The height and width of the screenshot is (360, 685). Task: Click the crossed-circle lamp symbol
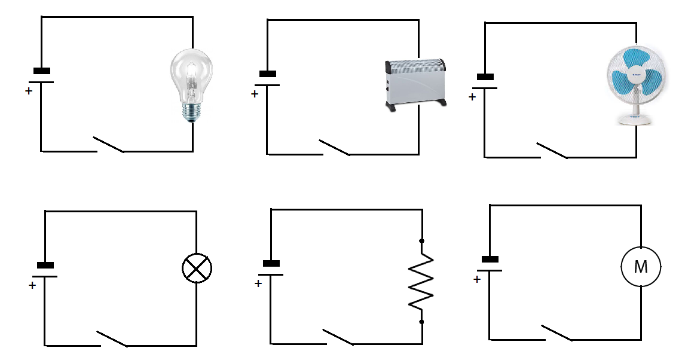(x=197, y=268)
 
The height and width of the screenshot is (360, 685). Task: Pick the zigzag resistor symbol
(x=421, y=281)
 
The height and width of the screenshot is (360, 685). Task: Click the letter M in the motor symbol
(x=641, y=267)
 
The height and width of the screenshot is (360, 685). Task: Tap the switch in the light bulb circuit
(x=109, y=145)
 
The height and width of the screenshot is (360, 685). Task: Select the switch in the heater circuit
(x=334, y=147)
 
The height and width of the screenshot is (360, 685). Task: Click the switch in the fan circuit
(x=552, y=150)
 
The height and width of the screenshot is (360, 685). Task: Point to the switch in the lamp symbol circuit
(x=112, y=338)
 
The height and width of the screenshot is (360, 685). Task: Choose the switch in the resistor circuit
(x=338, y=337)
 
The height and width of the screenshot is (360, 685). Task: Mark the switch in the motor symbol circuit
(x=556, y=332)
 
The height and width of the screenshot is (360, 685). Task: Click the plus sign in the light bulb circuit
(x=29, y=91)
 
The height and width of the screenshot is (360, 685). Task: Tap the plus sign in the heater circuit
(x=255, y=94)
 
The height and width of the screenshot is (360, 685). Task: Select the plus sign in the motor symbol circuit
(x=477, y=279)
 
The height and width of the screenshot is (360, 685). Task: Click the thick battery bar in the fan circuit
(x=485, y=77)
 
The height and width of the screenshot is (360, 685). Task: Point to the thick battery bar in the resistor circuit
(x=271, y=263)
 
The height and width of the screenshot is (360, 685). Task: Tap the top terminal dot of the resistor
(x=421, y=241)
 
